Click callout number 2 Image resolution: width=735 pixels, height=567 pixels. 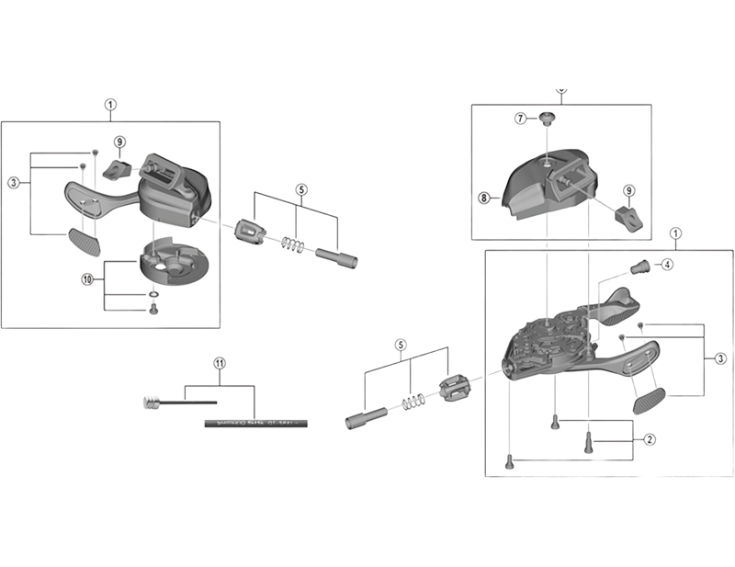click(x=649, y=439)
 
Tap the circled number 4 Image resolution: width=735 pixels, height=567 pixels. click(x=667, y=265)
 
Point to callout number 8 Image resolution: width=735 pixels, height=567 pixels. click(x=482, y=197)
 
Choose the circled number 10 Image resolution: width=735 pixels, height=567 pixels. click(x=88, y=279)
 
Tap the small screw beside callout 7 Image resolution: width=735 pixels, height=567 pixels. click(x=546, y=118)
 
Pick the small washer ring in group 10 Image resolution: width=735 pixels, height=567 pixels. click(x=153, y=295)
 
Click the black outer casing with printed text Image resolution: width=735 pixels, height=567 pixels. click(x=254, y=424)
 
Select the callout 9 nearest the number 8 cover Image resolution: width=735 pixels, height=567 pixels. click(x=629, y=191)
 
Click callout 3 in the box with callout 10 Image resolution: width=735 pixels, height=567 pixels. click(x=14, y=183)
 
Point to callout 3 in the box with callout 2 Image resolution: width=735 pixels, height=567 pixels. click(x=721, y=357)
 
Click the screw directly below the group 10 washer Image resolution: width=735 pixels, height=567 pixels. click(x=153, y=311)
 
